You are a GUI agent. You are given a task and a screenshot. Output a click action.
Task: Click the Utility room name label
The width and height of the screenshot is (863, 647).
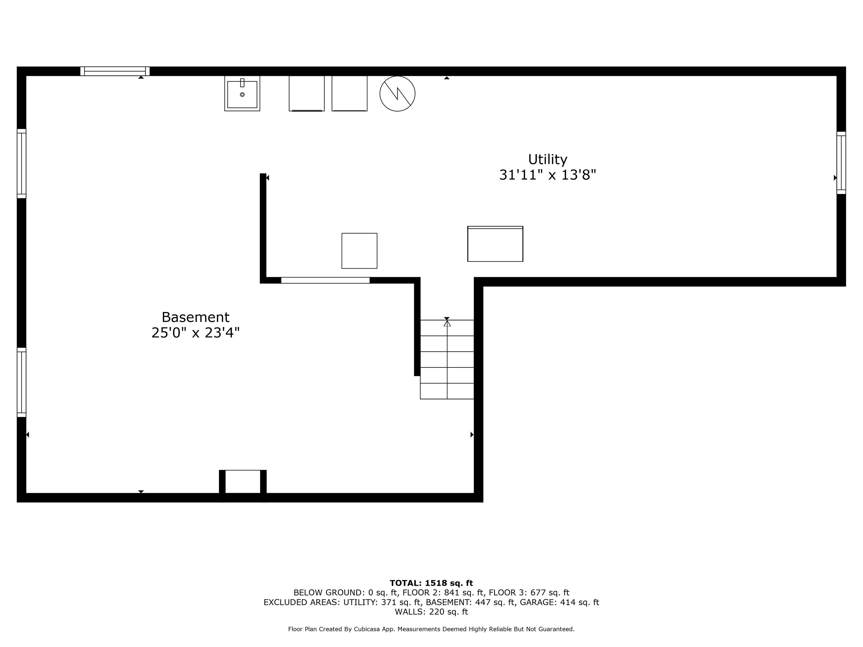pos(547,160)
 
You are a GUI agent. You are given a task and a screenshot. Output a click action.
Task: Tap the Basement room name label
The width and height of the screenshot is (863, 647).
pos(195,317)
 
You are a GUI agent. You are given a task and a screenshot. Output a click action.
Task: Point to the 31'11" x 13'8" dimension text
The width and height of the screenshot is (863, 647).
pos(548,175)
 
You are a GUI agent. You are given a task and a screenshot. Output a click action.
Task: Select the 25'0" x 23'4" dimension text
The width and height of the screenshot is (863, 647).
pos(195,333)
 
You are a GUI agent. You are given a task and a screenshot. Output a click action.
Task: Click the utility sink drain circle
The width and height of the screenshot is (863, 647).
pos(242,94)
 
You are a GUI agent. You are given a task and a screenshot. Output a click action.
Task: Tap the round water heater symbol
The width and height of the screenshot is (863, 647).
pos(397,93)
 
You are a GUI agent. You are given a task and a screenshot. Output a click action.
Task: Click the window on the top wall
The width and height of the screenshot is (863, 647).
pos(115,71)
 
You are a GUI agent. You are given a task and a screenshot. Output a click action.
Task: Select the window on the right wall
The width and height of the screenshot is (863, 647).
pos(841,163)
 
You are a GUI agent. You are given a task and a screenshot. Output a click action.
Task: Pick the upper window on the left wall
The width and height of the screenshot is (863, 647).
pos(22,163)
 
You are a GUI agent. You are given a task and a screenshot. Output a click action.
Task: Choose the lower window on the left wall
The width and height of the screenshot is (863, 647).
pos(22,382)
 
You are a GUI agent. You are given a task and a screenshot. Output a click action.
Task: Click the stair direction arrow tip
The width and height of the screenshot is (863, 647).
pos(447,321)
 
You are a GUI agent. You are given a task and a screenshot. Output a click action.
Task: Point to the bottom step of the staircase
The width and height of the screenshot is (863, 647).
pos(447,391)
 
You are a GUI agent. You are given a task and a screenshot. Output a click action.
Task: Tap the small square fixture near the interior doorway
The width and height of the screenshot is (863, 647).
pos(359,251)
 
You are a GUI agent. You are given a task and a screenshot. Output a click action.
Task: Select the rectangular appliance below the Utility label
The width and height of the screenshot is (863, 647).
pos(495,244)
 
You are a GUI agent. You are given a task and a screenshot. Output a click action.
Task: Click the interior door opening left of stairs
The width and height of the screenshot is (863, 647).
pos(325,280)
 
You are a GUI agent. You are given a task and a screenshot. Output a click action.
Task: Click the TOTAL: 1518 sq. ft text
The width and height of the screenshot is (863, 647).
pos(431,583)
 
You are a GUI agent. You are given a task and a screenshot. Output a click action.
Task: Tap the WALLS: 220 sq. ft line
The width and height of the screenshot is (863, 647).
pos(431,612)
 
